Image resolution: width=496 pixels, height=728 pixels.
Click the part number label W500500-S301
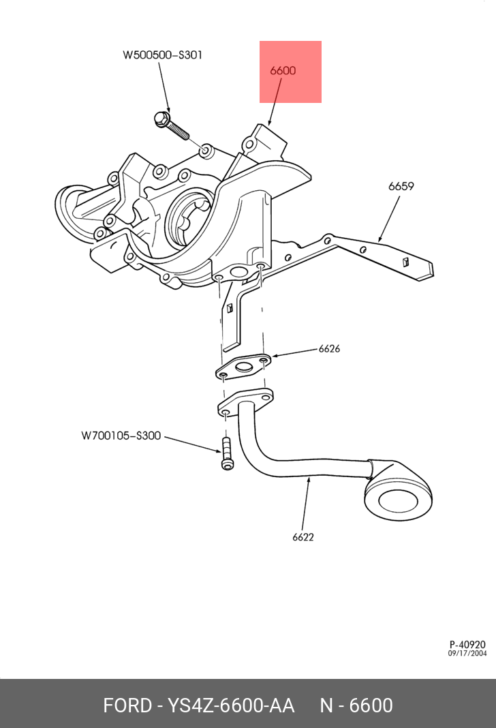pos(162,55)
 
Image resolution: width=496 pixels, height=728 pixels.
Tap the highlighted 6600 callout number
pos(283,70)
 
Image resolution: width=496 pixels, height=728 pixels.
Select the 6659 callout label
pos(401,186)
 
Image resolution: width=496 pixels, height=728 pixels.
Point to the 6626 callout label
pos(329,349)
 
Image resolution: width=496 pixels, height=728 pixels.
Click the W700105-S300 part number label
pos(121,435)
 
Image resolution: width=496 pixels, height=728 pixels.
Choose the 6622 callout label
pos(303,537)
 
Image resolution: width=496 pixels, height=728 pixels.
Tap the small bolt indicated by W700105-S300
pos(226,453)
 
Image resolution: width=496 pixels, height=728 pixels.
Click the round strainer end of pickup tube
pos(399,501)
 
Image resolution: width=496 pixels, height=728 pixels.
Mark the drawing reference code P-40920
pos(467,644)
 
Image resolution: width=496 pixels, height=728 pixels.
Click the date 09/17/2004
pos(467,654)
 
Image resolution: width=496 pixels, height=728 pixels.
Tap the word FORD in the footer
pos(127,705)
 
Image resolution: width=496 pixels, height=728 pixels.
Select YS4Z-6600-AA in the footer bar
pos(231,705)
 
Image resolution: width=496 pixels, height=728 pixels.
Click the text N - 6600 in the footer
pos(356,705)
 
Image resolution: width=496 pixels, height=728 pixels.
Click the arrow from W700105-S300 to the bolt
pos(191,442)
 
